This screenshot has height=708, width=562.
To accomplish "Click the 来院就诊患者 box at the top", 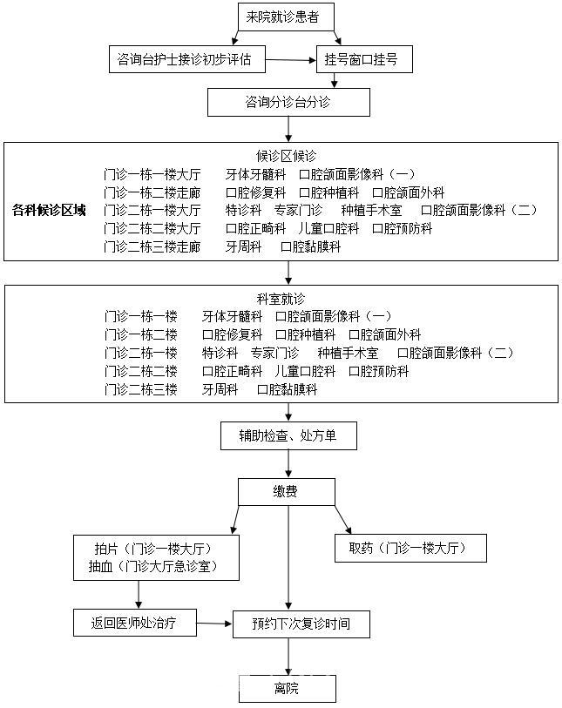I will click(287, 16).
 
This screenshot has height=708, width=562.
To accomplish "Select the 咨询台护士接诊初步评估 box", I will click(184, 59).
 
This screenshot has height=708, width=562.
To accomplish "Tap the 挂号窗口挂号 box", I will click(362, 59).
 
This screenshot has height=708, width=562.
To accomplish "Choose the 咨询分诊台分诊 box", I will click(288, 102).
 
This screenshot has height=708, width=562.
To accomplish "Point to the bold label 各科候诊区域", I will click(49, 210).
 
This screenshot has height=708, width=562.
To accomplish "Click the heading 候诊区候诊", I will click(286, 156).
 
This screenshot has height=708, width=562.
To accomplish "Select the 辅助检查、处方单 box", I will click(288, 435).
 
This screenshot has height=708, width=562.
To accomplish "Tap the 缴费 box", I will click(287, 492).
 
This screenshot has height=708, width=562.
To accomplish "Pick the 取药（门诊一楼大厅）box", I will click(410, 548).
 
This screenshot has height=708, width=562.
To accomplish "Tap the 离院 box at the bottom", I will click(287, 689).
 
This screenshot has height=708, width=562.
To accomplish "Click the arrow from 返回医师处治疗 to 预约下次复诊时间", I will click(214, 624).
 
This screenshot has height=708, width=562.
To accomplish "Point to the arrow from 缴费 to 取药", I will click(342, 520).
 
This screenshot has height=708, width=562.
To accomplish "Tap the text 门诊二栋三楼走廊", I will click(152, 247).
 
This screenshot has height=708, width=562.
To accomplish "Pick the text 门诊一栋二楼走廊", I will click(152, 192).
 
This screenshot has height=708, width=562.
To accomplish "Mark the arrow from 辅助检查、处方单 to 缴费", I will click(288, 464).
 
